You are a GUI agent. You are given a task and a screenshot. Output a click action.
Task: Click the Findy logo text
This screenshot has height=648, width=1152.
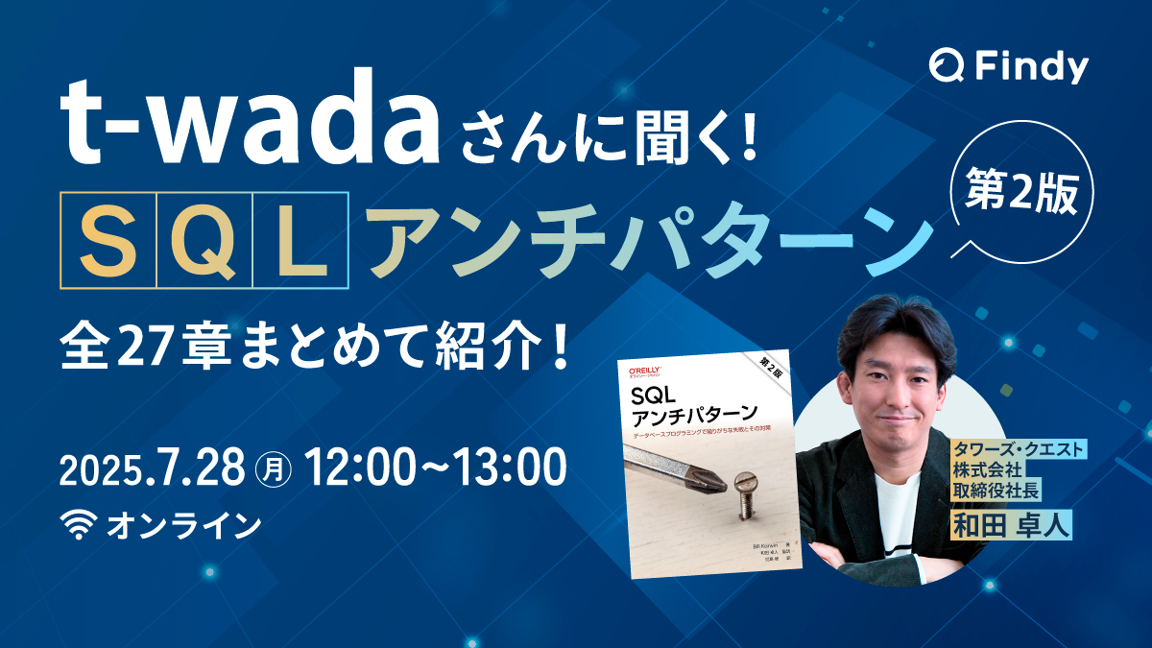(x=1032, y=68)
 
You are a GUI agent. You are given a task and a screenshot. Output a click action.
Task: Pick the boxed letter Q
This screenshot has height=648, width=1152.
(x=204, y=240)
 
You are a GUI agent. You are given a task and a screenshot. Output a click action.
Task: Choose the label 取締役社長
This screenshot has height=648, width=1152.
(x=996, y=492)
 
